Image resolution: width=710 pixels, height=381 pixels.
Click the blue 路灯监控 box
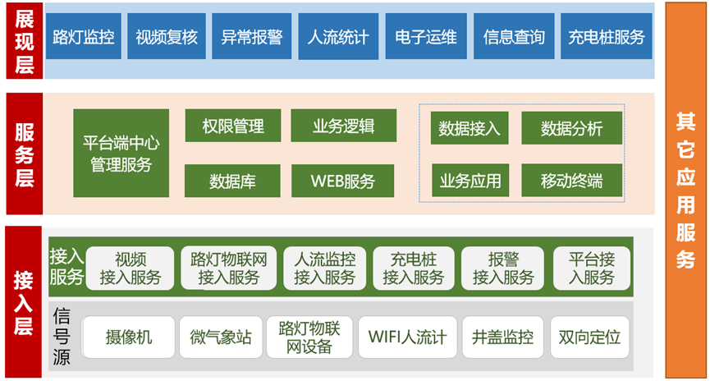tap(84, 36)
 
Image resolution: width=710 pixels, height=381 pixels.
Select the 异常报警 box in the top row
tap(252, 36)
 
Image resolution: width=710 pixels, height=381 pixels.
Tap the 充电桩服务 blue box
tap(607, 36)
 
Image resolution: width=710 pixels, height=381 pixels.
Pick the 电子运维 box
tap(426, 36)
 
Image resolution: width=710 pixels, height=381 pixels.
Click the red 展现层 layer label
tap(25, 41)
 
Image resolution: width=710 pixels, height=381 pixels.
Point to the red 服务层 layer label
tap(25, 154)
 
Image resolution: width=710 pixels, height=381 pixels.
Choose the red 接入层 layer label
tap(24, 301)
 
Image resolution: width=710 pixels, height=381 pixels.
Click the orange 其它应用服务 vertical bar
tap(685, 190)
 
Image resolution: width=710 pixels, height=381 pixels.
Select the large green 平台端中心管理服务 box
tap(121, 153)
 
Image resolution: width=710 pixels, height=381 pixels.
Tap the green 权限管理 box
tap(233, 126)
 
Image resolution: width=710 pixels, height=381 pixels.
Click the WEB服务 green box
tap(343, 181)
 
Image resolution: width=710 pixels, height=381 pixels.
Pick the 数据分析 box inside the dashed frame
tap(572, 128)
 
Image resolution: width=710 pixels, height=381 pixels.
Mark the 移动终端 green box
tap(572, 181)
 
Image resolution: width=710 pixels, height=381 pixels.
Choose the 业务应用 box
tap(470, 181)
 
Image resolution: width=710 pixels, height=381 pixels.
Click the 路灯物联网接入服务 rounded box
tap(229, 269)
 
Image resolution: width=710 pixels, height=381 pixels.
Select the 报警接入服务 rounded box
tap(502, 269)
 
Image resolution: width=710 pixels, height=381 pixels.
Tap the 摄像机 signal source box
tap(129, 337)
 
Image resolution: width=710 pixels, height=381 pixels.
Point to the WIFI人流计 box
tap(407, 337)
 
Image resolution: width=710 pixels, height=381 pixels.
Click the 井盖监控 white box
tap(502, 337)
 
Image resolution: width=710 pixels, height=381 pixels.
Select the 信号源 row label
tap(62, 336)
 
